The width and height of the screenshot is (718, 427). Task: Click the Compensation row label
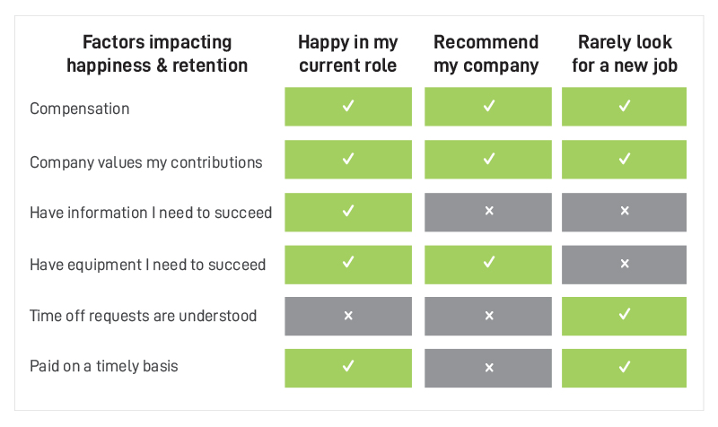coord(80,109)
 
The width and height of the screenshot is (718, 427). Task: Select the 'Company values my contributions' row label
coord(146,162)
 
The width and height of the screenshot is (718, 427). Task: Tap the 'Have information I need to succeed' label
coord(151,213)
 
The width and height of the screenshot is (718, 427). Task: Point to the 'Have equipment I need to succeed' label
coord(147,265)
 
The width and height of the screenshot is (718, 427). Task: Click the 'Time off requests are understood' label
coord(143,316)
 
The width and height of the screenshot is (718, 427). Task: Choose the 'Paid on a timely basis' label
coord(104,366)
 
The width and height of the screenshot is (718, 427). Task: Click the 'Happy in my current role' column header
coord(348,54)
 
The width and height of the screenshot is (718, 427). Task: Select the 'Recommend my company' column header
coord(486,54)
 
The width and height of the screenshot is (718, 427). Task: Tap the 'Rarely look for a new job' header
coord(625,54)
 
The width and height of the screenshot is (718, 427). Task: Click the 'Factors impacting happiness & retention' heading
coord(157,54)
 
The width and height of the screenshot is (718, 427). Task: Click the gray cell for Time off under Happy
coord(348,317)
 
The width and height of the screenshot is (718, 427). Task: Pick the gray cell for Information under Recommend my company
coord(488,212)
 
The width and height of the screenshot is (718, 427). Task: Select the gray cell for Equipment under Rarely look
coord(624,265)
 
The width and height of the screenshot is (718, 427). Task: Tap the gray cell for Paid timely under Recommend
coord(488,369)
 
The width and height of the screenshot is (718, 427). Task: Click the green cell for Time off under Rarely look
coord(624,317)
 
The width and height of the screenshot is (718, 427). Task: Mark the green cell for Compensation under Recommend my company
coord(488,107)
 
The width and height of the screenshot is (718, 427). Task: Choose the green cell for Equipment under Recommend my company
coord(488,265)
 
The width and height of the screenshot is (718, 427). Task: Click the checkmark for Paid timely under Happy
coord(348,366)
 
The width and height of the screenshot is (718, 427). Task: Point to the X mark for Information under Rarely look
coord(625,211)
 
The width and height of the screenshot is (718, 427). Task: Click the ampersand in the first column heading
coord(162,65)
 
